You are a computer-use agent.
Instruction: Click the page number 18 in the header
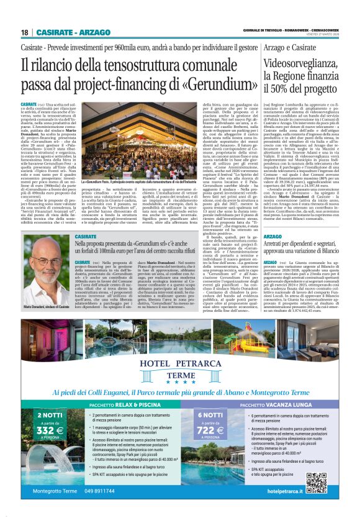(24, 32)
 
